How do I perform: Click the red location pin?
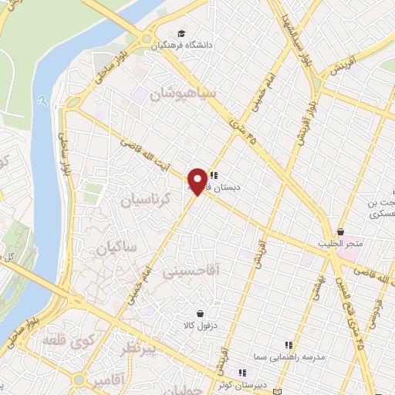(x=198, y=181)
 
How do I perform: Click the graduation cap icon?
(x=181, y=33)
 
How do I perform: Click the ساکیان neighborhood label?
(x=116, y=248)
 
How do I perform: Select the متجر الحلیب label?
(x=340, y=244)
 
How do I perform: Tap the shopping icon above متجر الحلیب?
(x=340, y=231)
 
